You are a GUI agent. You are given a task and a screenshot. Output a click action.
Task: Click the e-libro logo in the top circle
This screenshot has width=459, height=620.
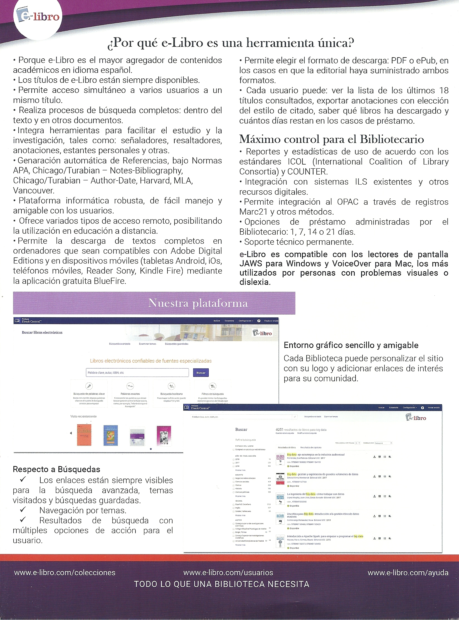[38, 17]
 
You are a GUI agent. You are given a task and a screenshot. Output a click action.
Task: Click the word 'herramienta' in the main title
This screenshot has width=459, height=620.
[282, 43]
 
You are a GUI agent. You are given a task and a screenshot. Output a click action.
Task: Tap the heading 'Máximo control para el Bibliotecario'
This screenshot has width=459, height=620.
[331, 139]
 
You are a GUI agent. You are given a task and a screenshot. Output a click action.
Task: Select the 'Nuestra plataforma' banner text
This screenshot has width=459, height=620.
[198, 303]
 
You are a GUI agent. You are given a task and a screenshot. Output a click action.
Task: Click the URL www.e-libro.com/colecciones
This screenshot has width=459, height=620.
[65, 573]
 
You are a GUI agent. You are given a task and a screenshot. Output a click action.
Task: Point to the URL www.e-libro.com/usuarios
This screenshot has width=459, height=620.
[228, 573]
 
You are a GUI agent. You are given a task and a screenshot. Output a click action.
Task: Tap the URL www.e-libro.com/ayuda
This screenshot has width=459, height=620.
[408, 573]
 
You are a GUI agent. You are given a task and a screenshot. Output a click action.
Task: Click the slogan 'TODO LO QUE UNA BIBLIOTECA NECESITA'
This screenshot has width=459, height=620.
[222, 584]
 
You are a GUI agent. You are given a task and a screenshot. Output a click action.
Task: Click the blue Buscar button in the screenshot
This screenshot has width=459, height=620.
[201, 373]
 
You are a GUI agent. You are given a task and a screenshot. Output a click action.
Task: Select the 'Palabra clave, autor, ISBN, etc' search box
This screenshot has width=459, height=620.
[137, 373]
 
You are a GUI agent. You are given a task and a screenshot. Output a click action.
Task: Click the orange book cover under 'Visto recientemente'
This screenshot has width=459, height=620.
[84, 435]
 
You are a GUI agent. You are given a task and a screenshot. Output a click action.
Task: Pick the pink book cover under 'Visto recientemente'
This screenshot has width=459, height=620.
[164, 435]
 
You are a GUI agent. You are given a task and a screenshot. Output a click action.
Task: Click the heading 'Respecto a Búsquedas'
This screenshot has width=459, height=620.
[56, 469]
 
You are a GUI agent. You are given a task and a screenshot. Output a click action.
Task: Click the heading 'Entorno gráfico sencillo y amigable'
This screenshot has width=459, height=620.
[351, 345]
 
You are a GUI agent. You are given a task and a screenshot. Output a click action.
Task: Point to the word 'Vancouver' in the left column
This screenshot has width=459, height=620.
[33, 191]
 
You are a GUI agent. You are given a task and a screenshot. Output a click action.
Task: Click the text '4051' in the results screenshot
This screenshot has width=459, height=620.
[279, 430]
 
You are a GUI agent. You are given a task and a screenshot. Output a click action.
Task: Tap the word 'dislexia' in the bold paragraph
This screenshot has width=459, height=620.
[255, 282]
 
